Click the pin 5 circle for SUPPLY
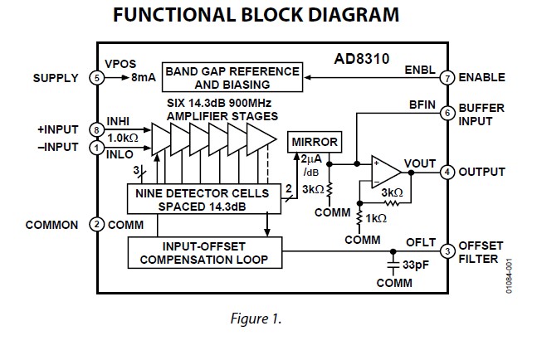click(95, 78)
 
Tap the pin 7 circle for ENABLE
click(446, 78)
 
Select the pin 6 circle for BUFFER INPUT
click(446, 113)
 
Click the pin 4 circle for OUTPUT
click(446, 173)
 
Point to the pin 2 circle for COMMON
click(95, 225)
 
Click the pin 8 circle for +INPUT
click(95, 129)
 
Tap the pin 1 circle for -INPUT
click(95, 148)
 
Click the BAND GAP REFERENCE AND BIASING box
click(232, 78)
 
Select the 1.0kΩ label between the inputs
click(123, 139)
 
